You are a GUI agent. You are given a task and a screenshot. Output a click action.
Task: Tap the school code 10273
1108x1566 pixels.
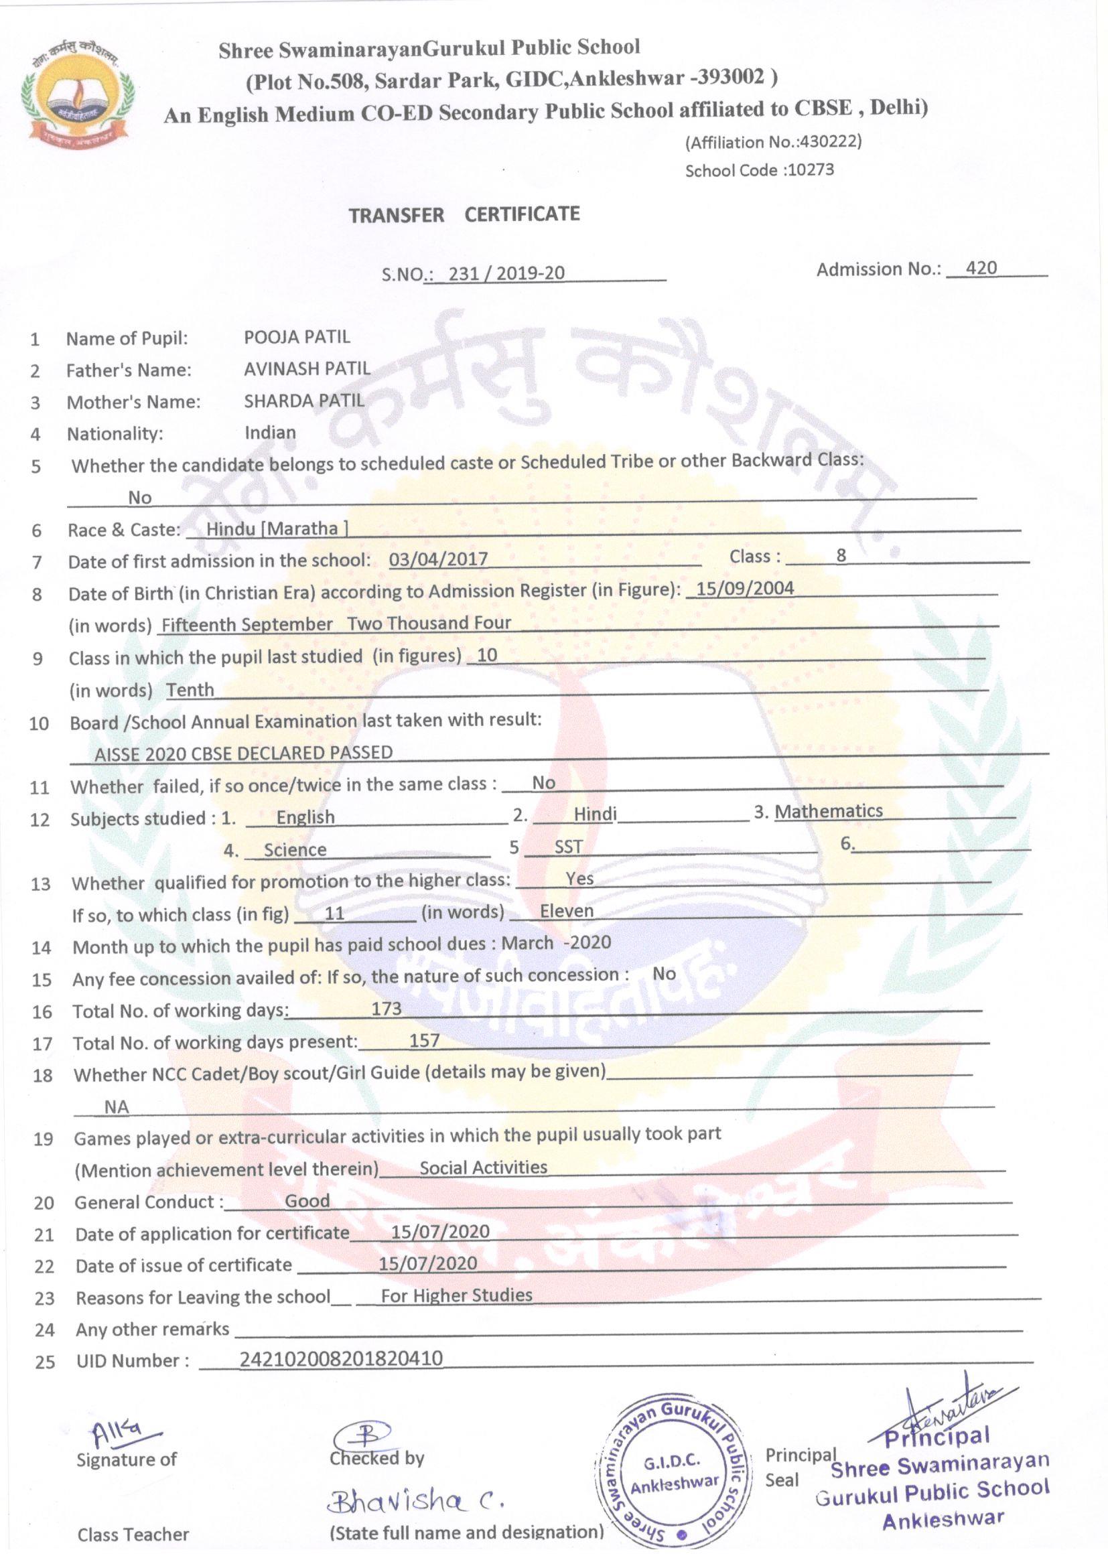tap(810, 170)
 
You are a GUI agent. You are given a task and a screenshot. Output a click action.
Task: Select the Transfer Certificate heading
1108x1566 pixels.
tap(464, 215)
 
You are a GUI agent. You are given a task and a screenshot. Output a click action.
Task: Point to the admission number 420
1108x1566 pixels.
tap(981, 268)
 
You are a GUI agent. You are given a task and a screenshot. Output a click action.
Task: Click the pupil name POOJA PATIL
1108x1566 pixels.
tap(297, 337)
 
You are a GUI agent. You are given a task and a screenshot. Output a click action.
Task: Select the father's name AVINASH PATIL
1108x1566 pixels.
tap(307, 369)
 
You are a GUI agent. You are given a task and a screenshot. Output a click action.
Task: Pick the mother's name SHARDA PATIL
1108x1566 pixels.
tap(304, 401)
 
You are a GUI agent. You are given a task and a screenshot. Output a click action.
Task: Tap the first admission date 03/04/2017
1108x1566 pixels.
tap(438, 560)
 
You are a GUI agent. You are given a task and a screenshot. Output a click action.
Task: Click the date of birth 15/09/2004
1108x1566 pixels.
tap(745, 589)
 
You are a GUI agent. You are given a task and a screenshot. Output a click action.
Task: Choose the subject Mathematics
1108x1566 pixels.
tap(828, 812)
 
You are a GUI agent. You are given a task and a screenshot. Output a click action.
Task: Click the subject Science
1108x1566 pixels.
tap(295, 850)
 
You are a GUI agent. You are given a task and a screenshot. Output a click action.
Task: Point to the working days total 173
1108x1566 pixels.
tap(386, 1009)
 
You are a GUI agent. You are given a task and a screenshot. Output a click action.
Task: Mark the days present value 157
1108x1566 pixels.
tap(424, 1040)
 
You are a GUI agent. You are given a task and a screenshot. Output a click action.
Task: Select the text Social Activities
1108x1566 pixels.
tap(483, 1167)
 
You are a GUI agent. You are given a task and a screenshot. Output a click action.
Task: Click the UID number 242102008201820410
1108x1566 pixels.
tap(341, 1358)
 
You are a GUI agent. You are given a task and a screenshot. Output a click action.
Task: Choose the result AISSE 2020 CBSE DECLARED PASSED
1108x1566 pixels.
tap(244, 753)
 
